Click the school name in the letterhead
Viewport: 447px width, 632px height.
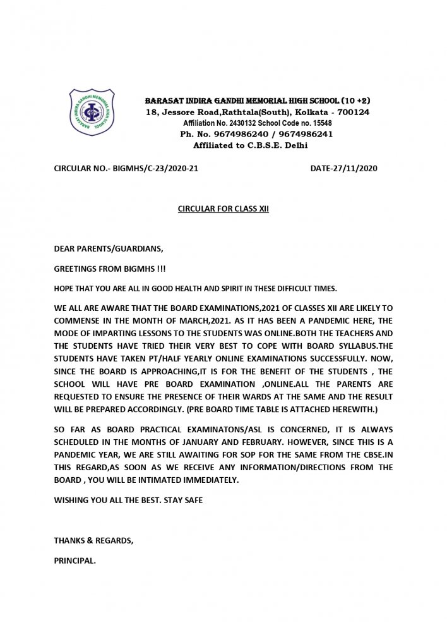pyautogui.click(x=258, y=101)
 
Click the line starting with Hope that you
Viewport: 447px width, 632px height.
pyautogui.click(x=195, y=288)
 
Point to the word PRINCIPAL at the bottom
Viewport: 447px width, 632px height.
pyautogui.click(x=75, y=559)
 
